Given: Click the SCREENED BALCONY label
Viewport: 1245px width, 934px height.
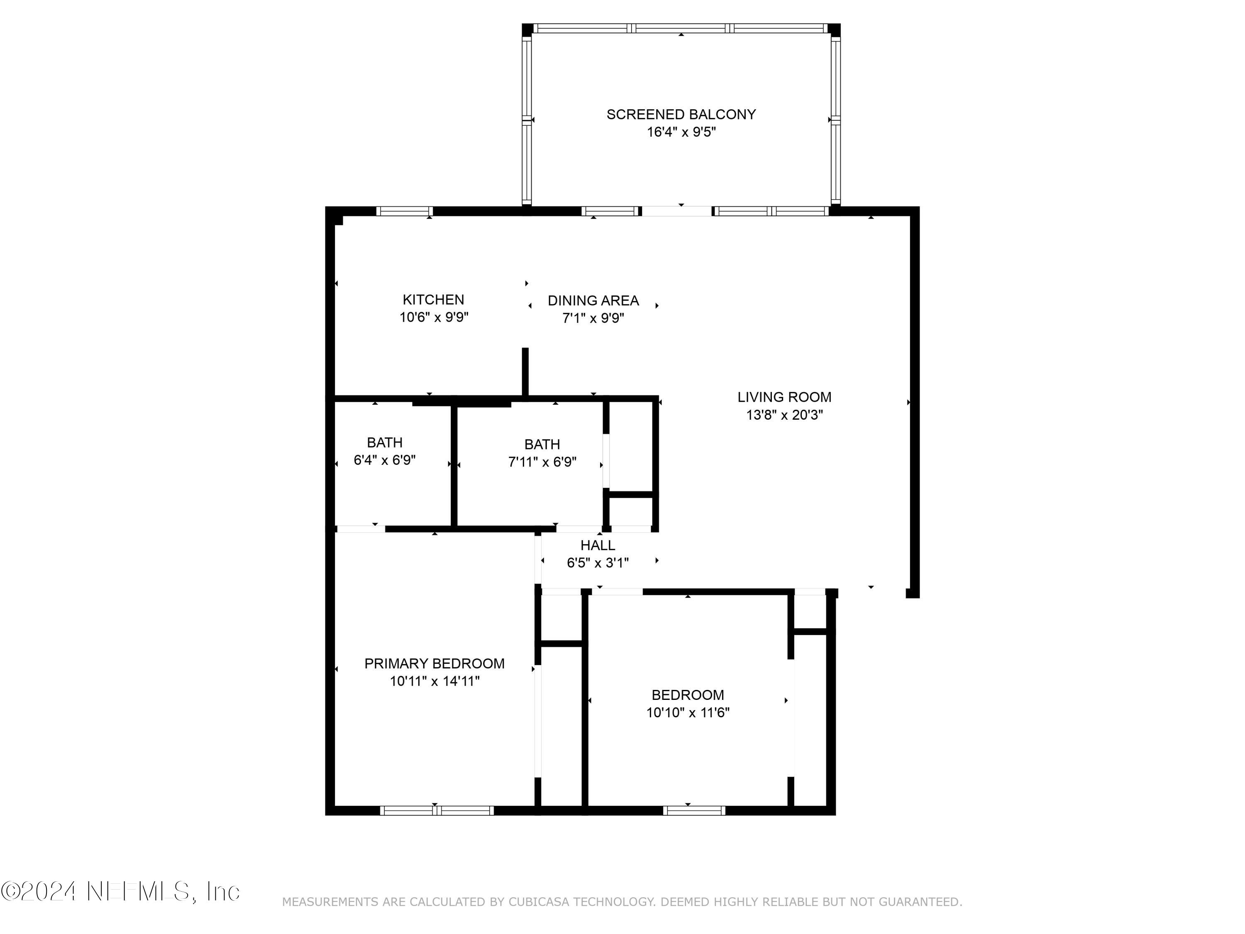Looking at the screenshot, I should (681, 114).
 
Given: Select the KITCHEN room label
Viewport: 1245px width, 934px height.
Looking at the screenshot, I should (433, 300).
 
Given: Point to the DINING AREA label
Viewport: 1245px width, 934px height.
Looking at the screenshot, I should (593, 301).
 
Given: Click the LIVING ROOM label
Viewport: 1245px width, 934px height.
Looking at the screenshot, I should (784, 397).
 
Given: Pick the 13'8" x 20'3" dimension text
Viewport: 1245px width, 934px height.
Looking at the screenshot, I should (784, 415).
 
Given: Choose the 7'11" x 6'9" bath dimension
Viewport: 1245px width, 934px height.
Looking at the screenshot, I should (542, 462).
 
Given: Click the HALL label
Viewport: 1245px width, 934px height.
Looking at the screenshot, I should (598, 545).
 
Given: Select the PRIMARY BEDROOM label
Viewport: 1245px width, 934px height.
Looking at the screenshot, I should (434, 663).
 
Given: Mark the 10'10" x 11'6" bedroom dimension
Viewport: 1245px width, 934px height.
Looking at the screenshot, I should (687, 713).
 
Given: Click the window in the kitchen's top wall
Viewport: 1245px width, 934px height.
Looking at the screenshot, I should (404, 211).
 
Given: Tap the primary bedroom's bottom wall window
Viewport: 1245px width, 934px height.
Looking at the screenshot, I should (437, 811).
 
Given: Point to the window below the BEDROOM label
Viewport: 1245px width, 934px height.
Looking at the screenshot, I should (693, 811).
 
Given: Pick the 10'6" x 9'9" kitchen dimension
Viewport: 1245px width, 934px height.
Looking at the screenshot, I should (433, 318).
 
